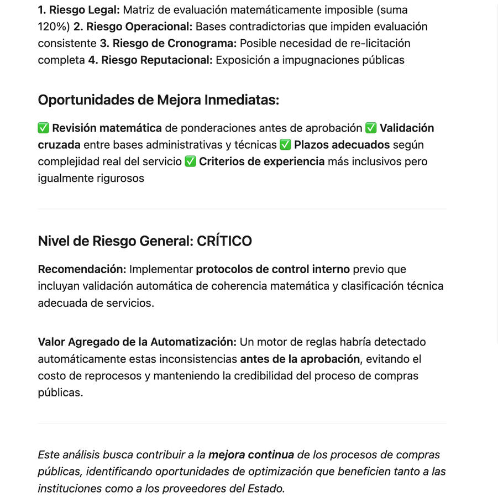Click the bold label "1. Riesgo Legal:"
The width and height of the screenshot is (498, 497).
pyautogui.click(x=78, y=10)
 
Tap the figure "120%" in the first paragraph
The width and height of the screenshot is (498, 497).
pyautogui.click(x=54, y=27)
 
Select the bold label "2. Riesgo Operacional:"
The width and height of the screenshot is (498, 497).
pyautogui.click(x=133, y=27)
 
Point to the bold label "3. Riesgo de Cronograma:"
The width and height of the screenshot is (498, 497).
pyautogui.click(x=168, y=43)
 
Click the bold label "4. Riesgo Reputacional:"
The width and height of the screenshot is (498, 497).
pyautogui.click(x=150, y=60)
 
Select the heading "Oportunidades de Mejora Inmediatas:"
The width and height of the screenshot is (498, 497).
pyautogui.click(x=159, y=100)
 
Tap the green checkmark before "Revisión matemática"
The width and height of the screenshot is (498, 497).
pyautogui.click(x=44, y=128)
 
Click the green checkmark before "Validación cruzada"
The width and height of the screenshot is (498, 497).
pyautogui.click(x=371, y=128)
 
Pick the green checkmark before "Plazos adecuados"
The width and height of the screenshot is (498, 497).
pyautogui.click(x=285, y=145)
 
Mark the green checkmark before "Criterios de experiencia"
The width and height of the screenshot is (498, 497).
pyautogui.click(x=190, y=161)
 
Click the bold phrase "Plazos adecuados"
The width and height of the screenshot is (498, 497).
pyautogui.click(x=342, y=145)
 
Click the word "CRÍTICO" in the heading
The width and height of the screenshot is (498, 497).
pyautogui.click(x=224, y=241)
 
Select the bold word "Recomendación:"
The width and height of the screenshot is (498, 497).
pyautogui.click(x=82, y=269)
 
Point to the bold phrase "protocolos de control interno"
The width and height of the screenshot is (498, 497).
pyautogui.click(x=272, y=269)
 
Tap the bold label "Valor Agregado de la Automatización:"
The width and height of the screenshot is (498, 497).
pyautogui.click(x=137, y=342)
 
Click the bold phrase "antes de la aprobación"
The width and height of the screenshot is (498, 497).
pyautogui.click(x=300, y=359)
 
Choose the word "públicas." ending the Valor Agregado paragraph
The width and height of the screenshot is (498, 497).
pyautogui.click(x=60, y=393)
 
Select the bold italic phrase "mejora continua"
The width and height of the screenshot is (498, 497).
pyautogui.click(x=251, y=455)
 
